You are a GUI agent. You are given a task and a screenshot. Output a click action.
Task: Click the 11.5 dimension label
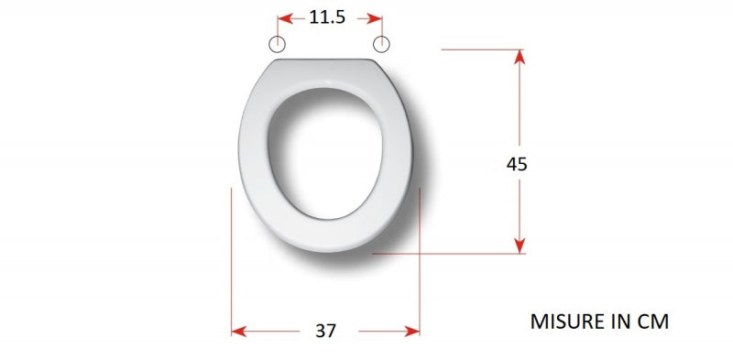(x=327, y=17)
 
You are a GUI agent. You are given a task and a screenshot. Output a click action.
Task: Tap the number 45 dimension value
(x=517, y=164)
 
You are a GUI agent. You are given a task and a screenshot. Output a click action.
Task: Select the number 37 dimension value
(x=325, y=331)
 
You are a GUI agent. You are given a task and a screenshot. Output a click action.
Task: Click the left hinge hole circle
(x=278, y=44)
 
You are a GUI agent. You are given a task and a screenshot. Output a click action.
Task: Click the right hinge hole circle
(x=381, y=44)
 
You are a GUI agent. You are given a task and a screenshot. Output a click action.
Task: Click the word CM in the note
(x=653, y=322)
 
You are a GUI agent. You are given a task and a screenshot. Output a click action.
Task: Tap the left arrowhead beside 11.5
(x=285, y=18)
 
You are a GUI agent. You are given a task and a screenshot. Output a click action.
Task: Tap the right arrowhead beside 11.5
(x=375, y=18)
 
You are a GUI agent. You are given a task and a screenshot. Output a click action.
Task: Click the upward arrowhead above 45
(x=520, y=57)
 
